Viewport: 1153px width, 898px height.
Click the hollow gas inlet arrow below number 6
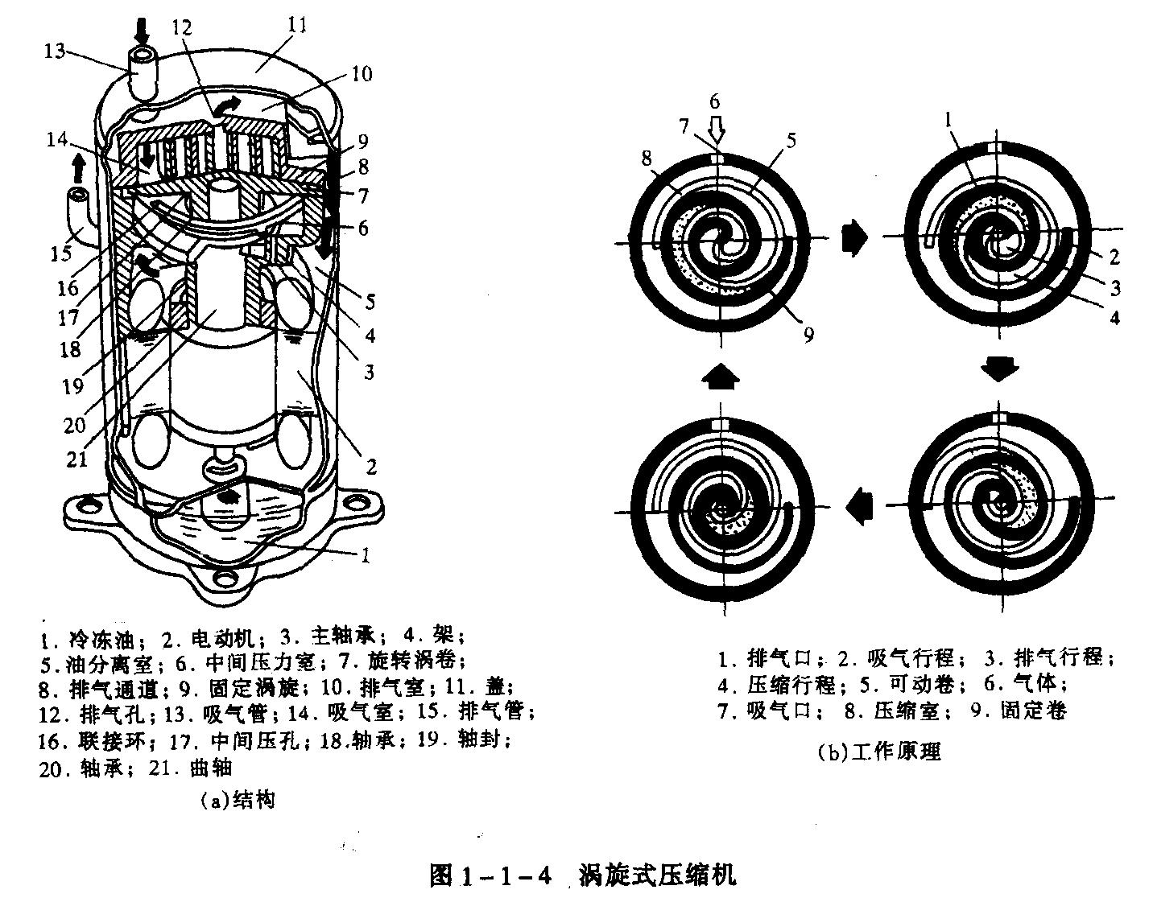point(716,128)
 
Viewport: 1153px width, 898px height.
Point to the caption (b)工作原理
point(878,752)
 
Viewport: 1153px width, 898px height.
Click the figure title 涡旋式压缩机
point(656,874)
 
